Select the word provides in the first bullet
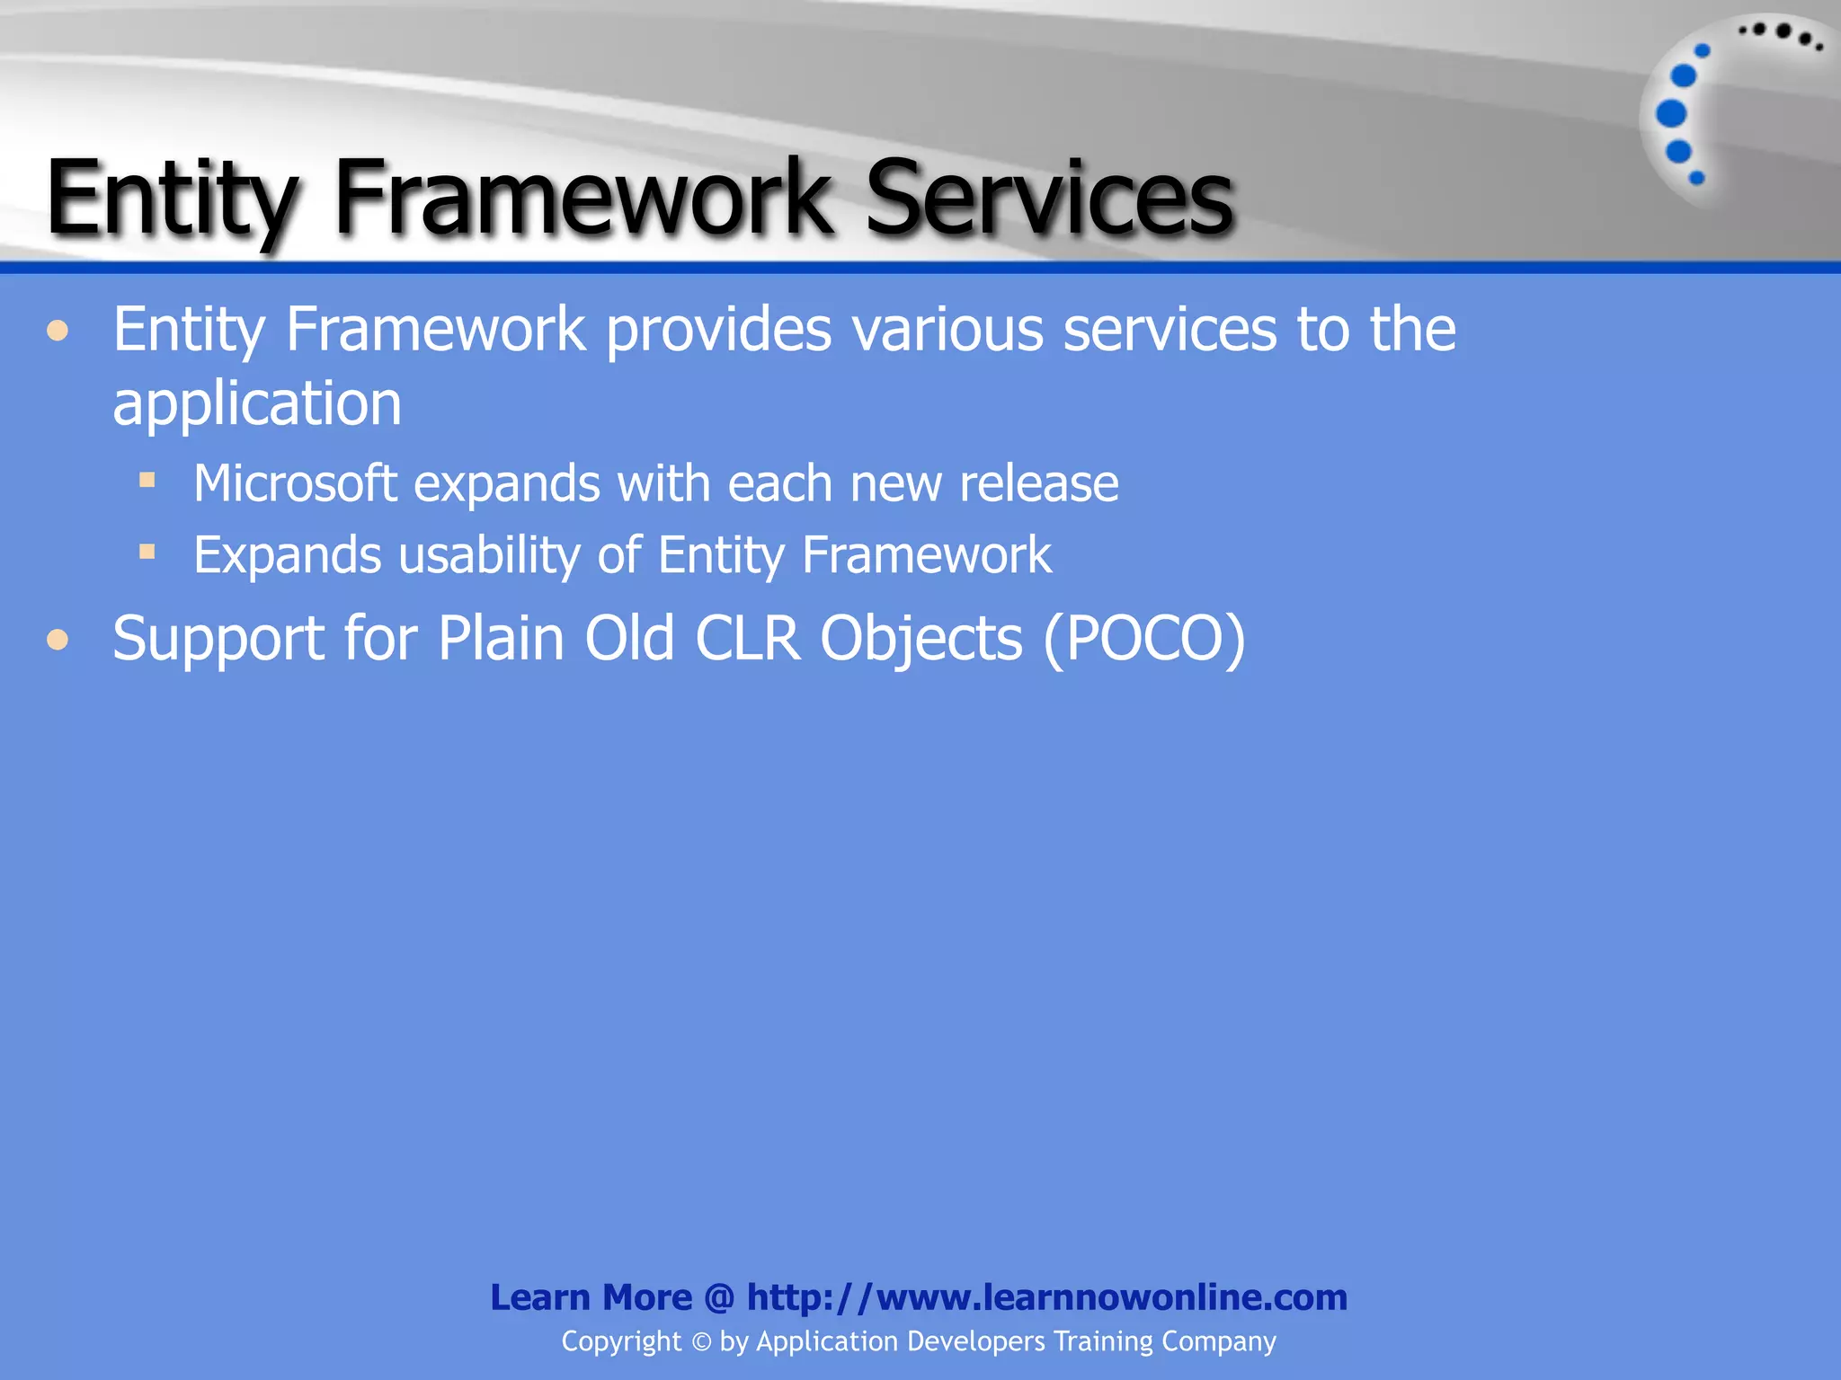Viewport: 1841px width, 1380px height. pos(719,331)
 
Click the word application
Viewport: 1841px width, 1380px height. pos(257,403)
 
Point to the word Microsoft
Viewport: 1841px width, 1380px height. pos(295,484)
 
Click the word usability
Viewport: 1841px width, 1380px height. pos(489,556)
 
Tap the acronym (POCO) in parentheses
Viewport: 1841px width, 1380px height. pos(1144,639)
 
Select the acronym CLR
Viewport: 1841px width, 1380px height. pos(747,639)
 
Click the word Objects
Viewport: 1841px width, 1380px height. pos(920,639)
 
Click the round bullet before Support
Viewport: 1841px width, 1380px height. pos(58,640)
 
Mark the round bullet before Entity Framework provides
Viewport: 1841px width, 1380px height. pos(58,332)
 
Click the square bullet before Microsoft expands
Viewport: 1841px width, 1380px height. pos(147,480)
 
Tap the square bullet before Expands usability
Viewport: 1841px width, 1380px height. pos(147,551)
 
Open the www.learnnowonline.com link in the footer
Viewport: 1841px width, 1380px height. pos(1046,1297)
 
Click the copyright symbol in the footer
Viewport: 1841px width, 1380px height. pos(701,1342)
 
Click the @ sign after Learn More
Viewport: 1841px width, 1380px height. pos(719,1298)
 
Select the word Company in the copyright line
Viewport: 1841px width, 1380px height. pos(1218,1341)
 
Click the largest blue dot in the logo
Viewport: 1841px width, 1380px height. pos(1671,113)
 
